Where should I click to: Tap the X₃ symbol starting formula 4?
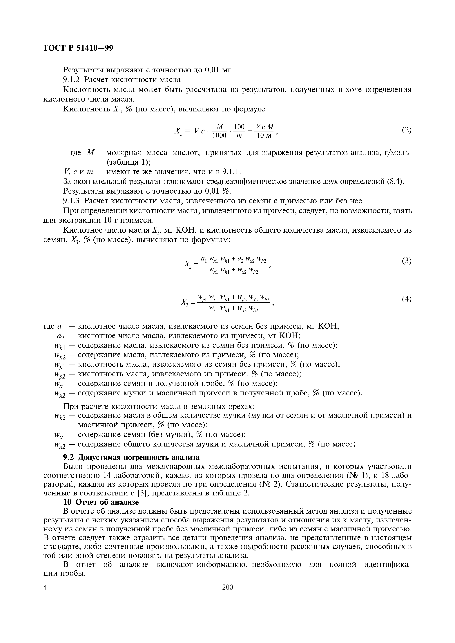click(185, 302)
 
